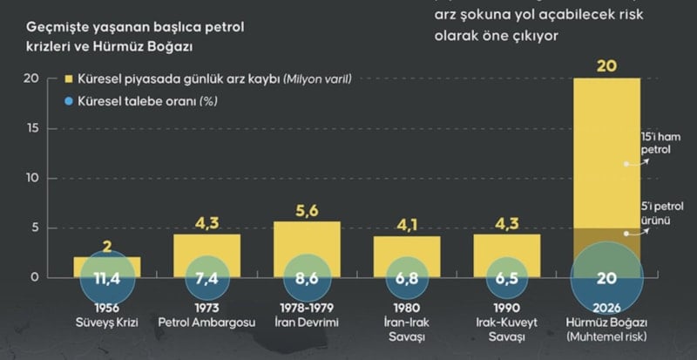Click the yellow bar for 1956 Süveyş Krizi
pos(106,262)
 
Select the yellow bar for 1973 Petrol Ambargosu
pos(206,248)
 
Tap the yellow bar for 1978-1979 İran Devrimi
pos(307,240)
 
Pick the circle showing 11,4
pos(106,279)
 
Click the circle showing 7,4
pos(206,279)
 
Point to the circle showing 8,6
pos(307,279)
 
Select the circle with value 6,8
pos(407,279)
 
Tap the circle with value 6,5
pos(507,279)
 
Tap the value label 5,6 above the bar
pos(307,210)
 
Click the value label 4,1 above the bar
pos(407,225)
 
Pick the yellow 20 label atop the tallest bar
pos(606,65)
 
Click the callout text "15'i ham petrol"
pos(658,143)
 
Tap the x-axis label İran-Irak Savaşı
pos(407,329)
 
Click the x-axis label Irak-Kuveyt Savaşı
pos(507,329)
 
